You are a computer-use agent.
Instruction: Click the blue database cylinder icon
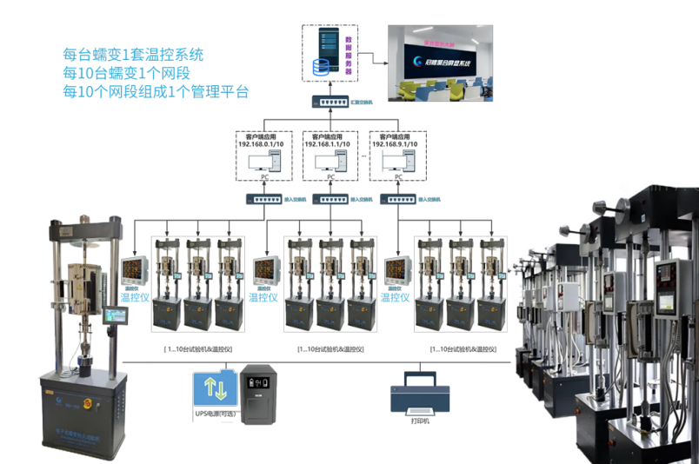click(x=323, y=66)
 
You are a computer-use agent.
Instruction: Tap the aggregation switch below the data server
click(x=331, y=103)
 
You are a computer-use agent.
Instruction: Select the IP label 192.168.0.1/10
click(x=263, y=143)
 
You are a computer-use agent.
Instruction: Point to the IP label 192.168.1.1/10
click(x=330, y=143)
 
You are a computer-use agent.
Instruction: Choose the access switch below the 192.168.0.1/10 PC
click(x=263, y=199)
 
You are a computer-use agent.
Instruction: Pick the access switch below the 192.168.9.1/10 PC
click(x=397, y=199)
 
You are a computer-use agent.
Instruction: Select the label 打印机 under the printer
click(x=421, y=421)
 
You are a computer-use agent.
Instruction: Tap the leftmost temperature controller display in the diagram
click(x=133, y=270)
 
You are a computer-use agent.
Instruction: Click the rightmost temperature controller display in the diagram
click(x=393, y=271)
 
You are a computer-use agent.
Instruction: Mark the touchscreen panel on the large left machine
click(x=115, y=316)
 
